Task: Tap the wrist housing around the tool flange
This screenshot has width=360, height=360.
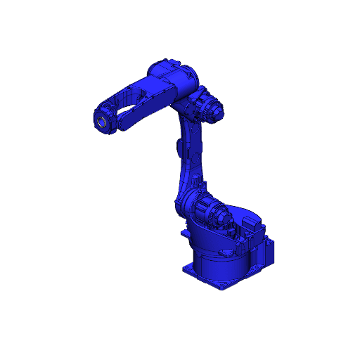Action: (105, 117)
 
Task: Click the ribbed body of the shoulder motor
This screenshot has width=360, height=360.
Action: (208, 210)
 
